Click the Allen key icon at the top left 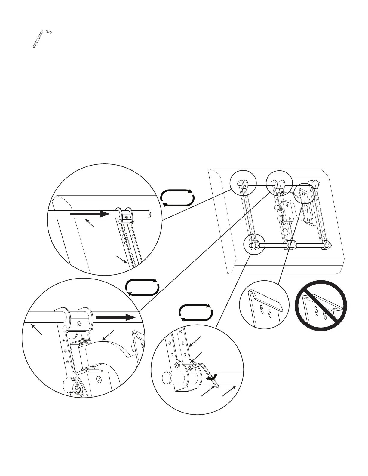42,38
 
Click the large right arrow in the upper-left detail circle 90,214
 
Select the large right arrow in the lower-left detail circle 115,317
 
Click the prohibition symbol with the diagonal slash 321,305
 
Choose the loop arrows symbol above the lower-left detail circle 142,287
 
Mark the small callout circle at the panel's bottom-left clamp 254,245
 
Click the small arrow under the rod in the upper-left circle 90,223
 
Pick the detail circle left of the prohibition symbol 265,305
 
